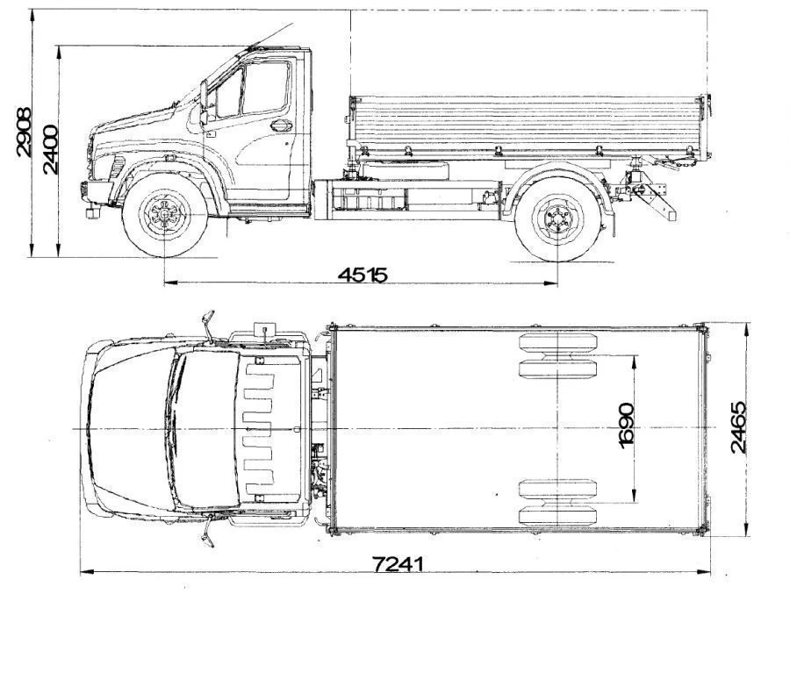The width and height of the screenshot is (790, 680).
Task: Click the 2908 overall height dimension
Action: coord(23,132)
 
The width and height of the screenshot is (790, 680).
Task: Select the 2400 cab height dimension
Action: coord(50,149)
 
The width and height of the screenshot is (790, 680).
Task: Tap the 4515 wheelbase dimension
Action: coord(363,275)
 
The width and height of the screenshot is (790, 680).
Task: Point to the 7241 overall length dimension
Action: coord(398,564)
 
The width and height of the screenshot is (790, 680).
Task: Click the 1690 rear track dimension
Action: coord(626,426)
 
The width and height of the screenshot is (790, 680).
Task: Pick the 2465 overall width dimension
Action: coord(737,427)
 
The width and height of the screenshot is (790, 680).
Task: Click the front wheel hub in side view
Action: coord(165,215)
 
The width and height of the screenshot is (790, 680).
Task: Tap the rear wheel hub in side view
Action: coord(557,218)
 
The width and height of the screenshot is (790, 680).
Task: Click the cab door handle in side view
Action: coord(282,125)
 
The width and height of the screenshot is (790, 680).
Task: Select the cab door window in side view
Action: coord(266,88)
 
